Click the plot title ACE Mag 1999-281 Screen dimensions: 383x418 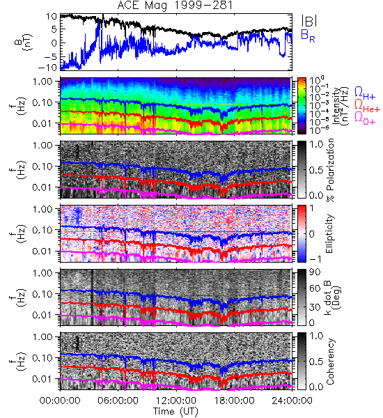point(175,6)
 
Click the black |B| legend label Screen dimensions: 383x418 point(309,21)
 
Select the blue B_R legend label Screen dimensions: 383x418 point(308,36)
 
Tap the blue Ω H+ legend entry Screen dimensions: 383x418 point(365,93)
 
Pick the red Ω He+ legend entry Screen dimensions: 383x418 point(367,106)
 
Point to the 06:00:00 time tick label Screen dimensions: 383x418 point(118,401)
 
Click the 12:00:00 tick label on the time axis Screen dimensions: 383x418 point(176,401)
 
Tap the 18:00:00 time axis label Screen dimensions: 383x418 point(234,401)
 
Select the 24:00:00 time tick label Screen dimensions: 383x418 point(292,401)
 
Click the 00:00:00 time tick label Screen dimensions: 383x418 point(60,401)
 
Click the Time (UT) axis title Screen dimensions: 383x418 point(175,411)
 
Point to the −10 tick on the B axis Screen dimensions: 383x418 point(47,68)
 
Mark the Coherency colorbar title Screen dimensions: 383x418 point(330,362)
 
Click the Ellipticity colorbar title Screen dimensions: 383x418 point(329,234)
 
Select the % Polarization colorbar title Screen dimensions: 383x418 point(330,170)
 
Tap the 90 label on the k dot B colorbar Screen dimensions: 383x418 point(315,272)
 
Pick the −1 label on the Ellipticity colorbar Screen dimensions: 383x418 point(315,259)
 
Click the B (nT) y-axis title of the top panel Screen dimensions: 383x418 point(23,42)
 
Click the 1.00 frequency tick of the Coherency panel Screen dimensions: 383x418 point(43,336)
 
